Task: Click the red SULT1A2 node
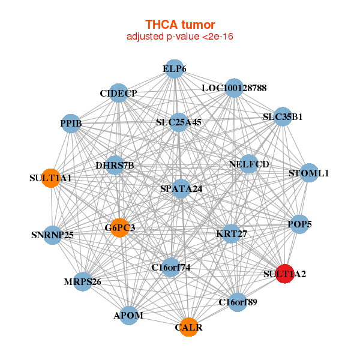point(284,274)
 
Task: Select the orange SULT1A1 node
point(52,178)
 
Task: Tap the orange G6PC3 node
point(120,227)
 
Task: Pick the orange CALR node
point(189,327)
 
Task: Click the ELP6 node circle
point(174,69)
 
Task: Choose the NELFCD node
point(249,164)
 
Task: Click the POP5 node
point(299,224)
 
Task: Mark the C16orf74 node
point(171,267)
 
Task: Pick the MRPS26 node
point(83,281)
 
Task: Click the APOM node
point(129,315)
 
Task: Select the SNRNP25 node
point(52,234)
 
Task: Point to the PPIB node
point(71,124)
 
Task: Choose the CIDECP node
point(119,93)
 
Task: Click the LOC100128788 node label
point(234,88)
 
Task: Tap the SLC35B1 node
point(283,117)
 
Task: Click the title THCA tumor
point(179,25)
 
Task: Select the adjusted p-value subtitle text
point(179,37)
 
